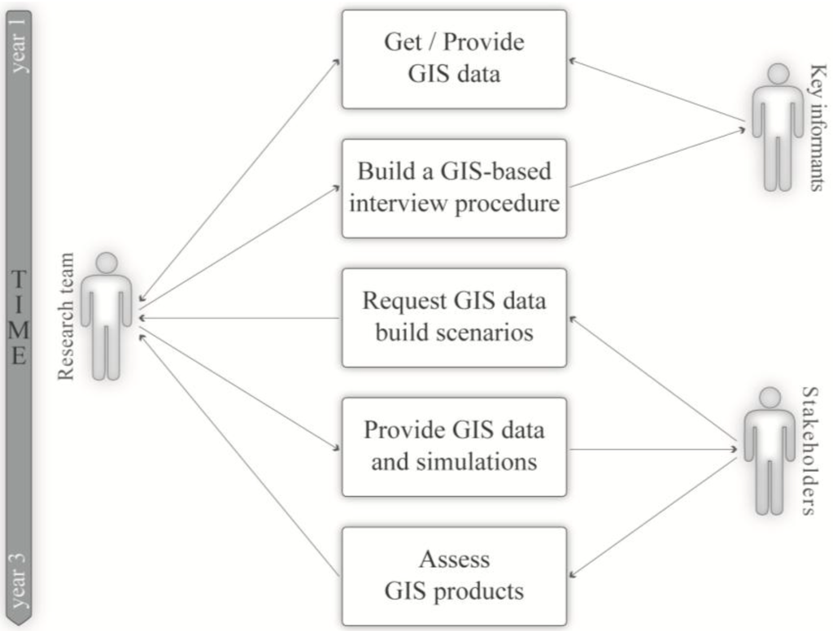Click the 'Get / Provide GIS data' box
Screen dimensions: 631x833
pyautogui.click(x=454, y=59)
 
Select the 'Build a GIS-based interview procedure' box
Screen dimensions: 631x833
pyautogui.click(x=454, y=188)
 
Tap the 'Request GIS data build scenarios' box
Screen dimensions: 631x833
pyautogui.click(x=454, y=317)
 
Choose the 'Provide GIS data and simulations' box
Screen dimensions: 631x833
pyautogui.click(x=454, y=446)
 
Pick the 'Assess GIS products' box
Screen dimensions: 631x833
pyautogui.click(x=454, y=576)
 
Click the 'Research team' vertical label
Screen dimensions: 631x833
pyautogui.click(x=66, y=317)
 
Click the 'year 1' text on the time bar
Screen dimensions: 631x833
pyautogui.click(x=19, y=45)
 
